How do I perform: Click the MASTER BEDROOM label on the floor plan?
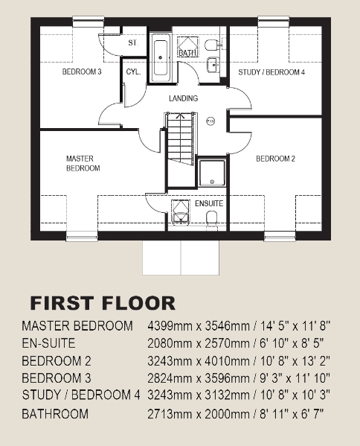tap(83, 163)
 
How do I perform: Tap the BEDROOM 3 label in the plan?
tap(81, 71)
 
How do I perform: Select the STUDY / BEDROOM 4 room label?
tap(271, 72)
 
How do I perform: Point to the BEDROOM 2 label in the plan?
tap(276, 159)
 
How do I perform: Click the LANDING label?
tap(183, 98)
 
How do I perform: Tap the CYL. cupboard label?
tap(134, 71)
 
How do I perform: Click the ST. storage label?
tap(133, 44)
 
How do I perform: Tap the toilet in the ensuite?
tap(212, 217)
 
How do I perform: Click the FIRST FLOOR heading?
tap(103, 303)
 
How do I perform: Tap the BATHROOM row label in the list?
tap(55, 413)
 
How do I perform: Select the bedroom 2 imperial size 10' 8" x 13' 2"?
tap(293, 361)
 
